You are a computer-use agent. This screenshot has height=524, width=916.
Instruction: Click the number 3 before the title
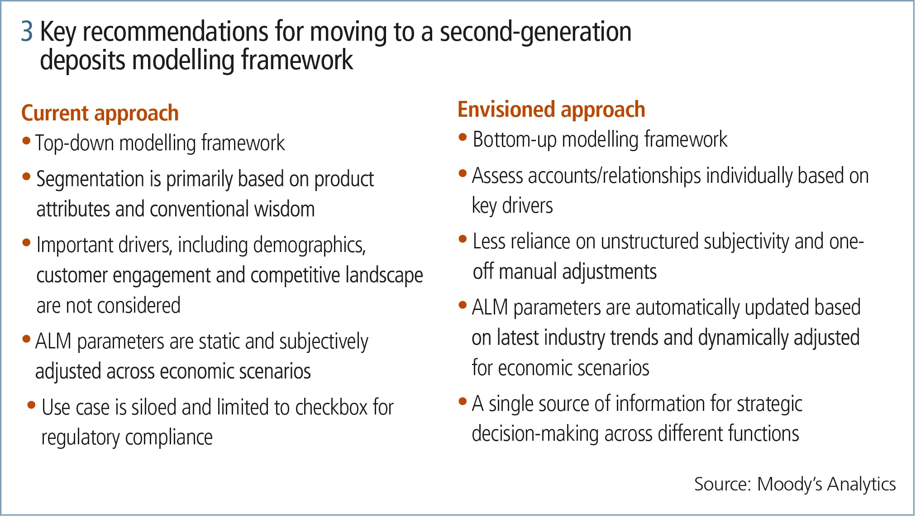coord(27,31)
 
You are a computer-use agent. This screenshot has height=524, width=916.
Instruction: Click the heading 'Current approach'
coord(100,113)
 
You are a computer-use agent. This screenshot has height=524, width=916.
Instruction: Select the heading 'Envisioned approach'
coord(551,110)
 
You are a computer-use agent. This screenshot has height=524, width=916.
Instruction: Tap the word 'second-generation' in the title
coord(535,32)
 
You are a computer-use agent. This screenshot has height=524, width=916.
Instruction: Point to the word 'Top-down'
coord(75,143)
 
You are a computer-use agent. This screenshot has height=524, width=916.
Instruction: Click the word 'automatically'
coord(687,308)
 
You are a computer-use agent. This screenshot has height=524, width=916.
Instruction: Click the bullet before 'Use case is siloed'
coord(31,405)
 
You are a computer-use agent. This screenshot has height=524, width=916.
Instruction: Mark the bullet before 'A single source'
coord(463,401)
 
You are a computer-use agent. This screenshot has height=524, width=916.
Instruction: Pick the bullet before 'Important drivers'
coord(26,243)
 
